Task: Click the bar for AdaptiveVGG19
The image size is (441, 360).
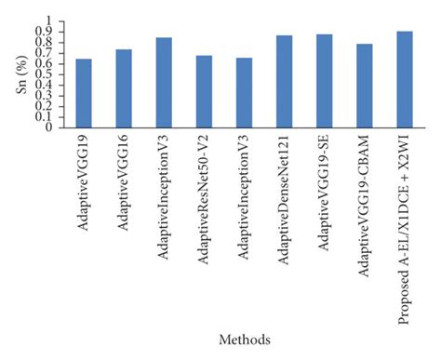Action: tap(84, 93)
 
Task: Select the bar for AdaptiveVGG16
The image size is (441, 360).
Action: tap(124, 88)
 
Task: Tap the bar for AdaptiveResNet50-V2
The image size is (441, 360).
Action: tap(204, 91)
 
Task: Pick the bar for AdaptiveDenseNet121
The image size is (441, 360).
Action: tap(284, 81)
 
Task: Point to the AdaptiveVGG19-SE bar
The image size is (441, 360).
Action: tap(324, 81)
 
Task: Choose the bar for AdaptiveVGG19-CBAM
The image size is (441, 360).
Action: tap(364, 86)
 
